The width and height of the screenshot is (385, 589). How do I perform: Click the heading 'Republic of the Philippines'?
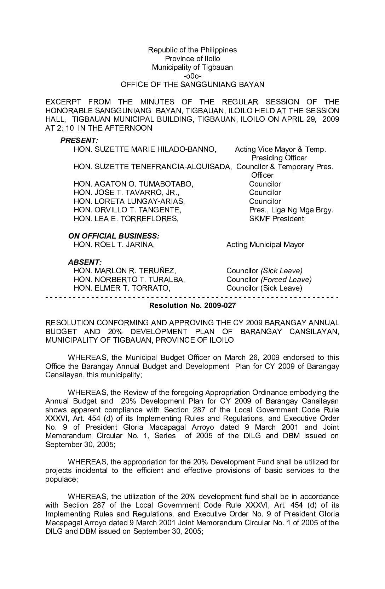point(192,50)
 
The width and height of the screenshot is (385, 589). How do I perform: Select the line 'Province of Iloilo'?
point(192,58)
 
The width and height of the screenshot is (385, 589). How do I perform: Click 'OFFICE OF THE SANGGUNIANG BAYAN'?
point(192,85)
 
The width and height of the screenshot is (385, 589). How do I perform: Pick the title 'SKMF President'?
point(276,219)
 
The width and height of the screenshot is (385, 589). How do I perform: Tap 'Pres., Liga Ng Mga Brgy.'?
point(291,210)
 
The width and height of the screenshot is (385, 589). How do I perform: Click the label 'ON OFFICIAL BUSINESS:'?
point(113,236)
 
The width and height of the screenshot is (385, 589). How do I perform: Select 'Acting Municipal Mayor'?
point(265,245)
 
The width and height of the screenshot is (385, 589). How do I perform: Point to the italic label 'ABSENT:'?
point(85,262)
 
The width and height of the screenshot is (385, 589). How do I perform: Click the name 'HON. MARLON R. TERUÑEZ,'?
point(125,271)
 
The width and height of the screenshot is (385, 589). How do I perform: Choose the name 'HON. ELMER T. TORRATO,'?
point(122,288)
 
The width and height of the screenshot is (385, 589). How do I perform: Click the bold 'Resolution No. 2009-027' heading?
point(192,305)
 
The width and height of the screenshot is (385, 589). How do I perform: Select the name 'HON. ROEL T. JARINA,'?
point(114,245)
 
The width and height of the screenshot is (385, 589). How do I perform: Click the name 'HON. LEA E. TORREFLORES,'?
point(126,219)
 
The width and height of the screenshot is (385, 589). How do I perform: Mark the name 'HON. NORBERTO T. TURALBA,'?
point(129,280)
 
